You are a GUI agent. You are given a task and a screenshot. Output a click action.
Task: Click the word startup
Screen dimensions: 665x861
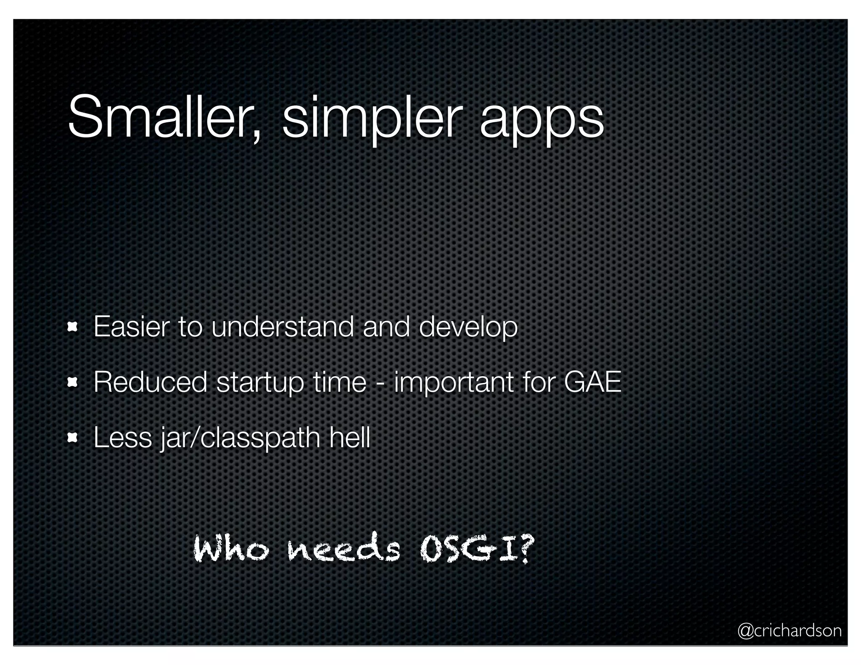(260, 383)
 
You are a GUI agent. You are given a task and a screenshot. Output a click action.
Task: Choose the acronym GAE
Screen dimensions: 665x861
(592, 382)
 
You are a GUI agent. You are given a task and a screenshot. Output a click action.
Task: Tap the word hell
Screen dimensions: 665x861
(350, 437)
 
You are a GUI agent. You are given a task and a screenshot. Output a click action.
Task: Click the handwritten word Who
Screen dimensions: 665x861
(230, 549)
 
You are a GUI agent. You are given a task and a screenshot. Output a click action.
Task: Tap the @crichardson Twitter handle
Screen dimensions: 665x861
(789, 631)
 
